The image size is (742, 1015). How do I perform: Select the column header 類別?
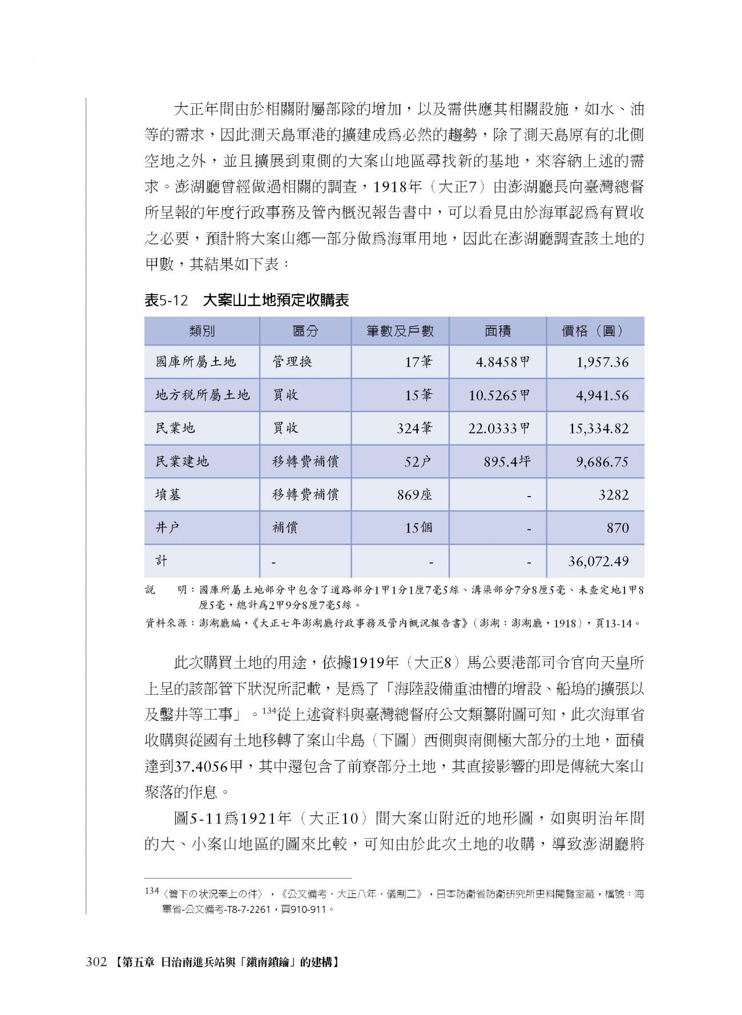[x=202, y=331]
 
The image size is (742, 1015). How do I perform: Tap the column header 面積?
[x=498, y=331]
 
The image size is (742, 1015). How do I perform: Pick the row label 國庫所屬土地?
[x=196, y=362]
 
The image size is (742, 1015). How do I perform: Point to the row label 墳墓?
[x=168, y=494]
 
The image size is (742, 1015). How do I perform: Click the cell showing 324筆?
[x=414, y=428]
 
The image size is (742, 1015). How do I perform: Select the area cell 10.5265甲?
[x=499, y=395]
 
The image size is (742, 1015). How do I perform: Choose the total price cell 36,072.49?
[x=598, y=561]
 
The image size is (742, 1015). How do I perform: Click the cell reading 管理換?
[x=292, y=362]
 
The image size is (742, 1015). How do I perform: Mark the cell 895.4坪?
[x=507, y=461]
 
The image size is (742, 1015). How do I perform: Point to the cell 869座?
[x=414, y=494]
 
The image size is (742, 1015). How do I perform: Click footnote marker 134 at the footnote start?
[x=151, y=891]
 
